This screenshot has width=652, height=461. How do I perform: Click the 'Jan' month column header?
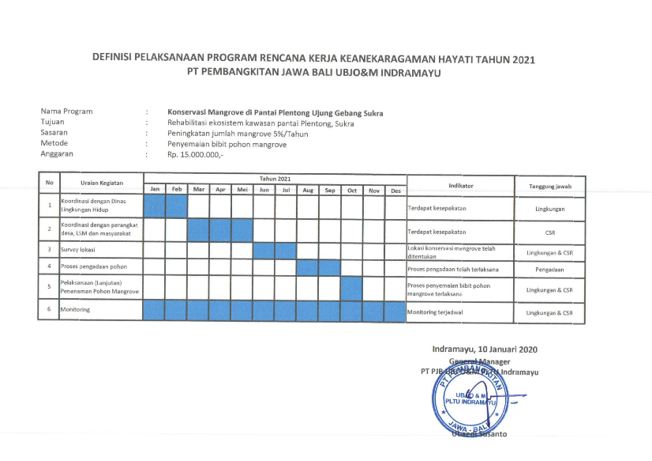(x=155, y=190)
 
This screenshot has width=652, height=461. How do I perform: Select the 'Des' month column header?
(x=395, y=190)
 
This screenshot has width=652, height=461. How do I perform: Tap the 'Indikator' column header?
(x=460, y=185)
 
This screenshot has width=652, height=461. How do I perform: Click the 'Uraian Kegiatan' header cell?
(x=102, y=183)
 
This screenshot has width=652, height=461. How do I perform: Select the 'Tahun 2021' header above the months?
(x=275, y=179)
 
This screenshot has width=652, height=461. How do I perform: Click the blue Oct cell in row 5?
(x=351, y=289)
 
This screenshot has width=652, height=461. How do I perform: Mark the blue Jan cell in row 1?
(x=155, y=207)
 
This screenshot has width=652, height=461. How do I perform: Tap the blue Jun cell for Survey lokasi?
(x=264, y=250)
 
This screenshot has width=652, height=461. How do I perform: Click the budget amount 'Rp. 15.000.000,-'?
(x=196, y=154)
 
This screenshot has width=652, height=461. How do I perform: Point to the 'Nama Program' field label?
(x=67, y=111)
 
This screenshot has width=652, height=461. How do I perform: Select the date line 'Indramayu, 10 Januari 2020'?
(x=484, y=350)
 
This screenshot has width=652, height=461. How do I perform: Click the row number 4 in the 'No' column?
(x=49, y=267)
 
